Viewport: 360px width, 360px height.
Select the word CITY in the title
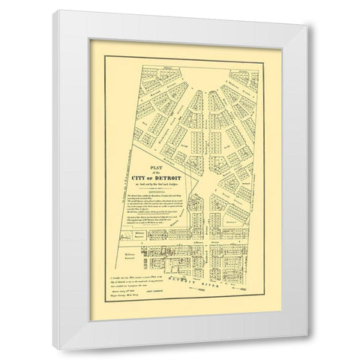(x=141, y=178)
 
